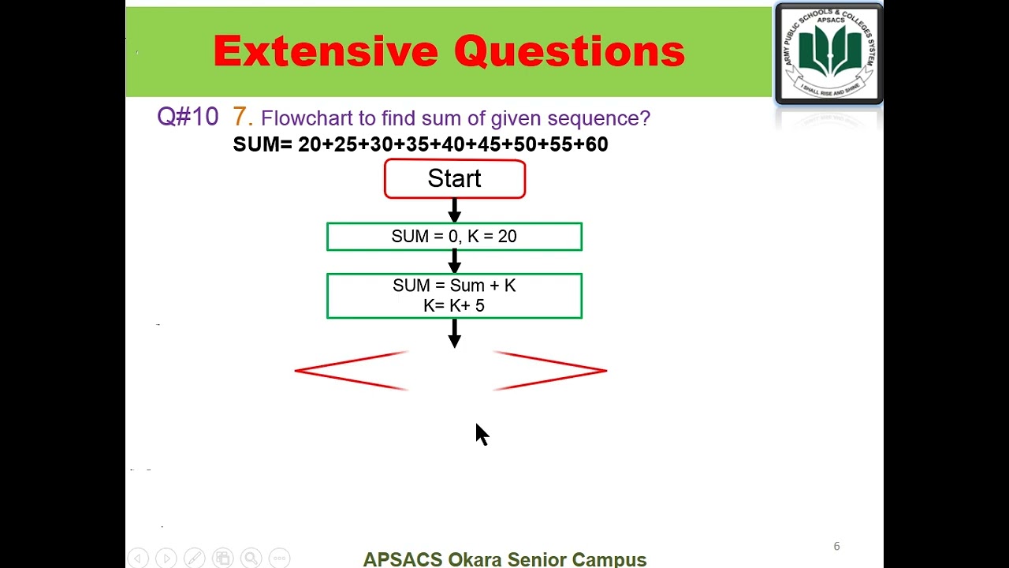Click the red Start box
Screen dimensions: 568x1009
click(454, 179)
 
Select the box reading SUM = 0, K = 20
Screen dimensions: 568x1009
click(454, 237)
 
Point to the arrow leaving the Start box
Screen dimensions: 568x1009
click(454, 211)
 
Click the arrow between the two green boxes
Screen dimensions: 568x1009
click(454, 261)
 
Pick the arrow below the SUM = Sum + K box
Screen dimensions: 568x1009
click(454, 334)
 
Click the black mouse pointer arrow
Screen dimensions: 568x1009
click(482, 434)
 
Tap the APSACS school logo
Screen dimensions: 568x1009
click(828, 54)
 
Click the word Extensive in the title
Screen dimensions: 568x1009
click(326, 52)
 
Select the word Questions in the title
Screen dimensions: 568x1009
click(569, 52)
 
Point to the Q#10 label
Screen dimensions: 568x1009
click(188, 117)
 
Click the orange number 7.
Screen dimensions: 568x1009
click(241, 117)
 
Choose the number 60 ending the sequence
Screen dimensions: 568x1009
click(596, 144)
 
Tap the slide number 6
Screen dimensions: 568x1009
click(836, 546)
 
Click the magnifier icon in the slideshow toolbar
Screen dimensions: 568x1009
click(251, 559)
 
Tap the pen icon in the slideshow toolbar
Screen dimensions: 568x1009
click(194, 559)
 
